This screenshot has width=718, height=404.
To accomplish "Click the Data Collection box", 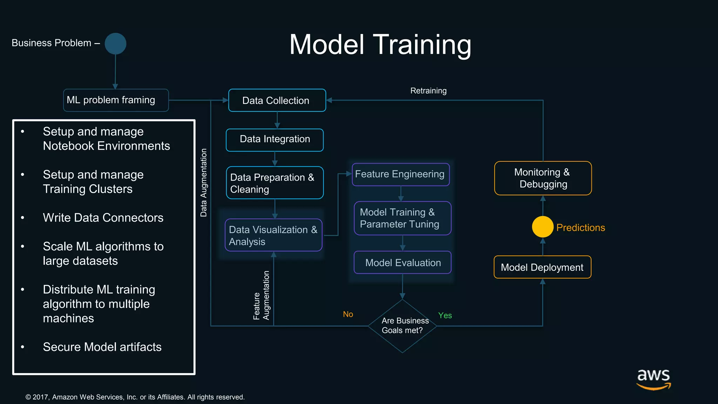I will pos(277,101).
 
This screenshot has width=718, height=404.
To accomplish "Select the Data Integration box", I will pos(275,140).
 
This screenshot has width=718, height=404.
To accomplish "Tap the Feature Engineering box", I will pos(400,174).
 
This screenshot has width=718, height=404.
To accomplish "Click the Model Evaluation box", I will pos(402,263).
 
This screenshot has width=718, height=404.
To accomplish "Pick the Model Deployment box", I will pos(542,267).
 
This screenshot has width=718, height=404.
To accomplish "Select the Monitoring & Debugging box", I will pos(543,178).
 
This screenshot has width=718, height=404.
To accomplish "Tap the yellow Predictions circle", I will pos(542,227).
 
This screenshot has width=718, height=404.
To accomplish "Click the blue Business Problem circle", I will pos(115,44).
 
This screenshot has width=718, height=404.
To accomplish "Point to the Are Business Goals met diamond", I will pos(402,326).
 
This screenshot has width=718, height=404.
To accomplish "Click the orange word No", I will pos(348,314).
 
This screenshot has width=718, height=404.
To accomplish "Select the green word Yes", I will pos(445,316).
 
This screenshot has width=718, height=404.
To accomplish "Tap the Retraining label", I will pos(428,91).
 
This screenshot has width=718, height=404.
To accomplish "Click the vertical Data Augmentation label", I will pos(204,183).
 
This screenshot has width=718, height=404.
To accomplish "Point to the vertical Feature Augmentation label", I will pos(261,295).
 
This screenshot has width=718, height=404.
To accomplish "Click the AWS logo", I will pos(653,379).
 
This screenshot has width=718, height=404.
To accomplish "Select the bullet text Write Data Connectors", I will pos(103,218).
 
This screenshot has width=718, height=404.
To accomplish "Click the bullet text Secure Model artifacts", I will pos(102,347).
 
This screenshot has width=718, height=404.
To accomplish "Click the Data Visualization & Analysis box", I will pos(273,235).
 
